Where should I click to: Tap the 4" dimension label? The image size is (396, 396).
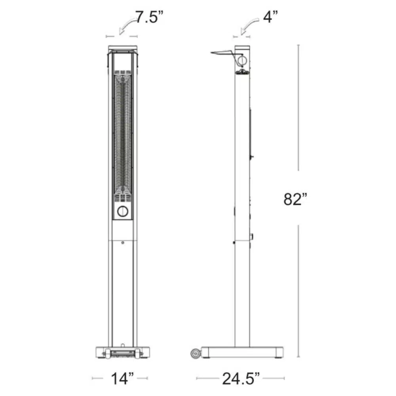pyautogui.click(x=270, y=17)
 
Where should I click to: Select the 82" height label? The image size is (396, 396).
pyautogui.click(x=295, y=199)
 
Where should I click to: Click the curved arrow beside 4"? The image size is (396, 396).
pyautogui.click(x=249, y=26)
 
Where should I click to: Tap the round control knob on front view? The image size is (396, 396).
pyautogui.click(x=123, y=211)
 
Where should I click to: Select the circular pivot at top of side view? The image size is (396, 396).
pyautogui.click(x=242, y=60)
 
